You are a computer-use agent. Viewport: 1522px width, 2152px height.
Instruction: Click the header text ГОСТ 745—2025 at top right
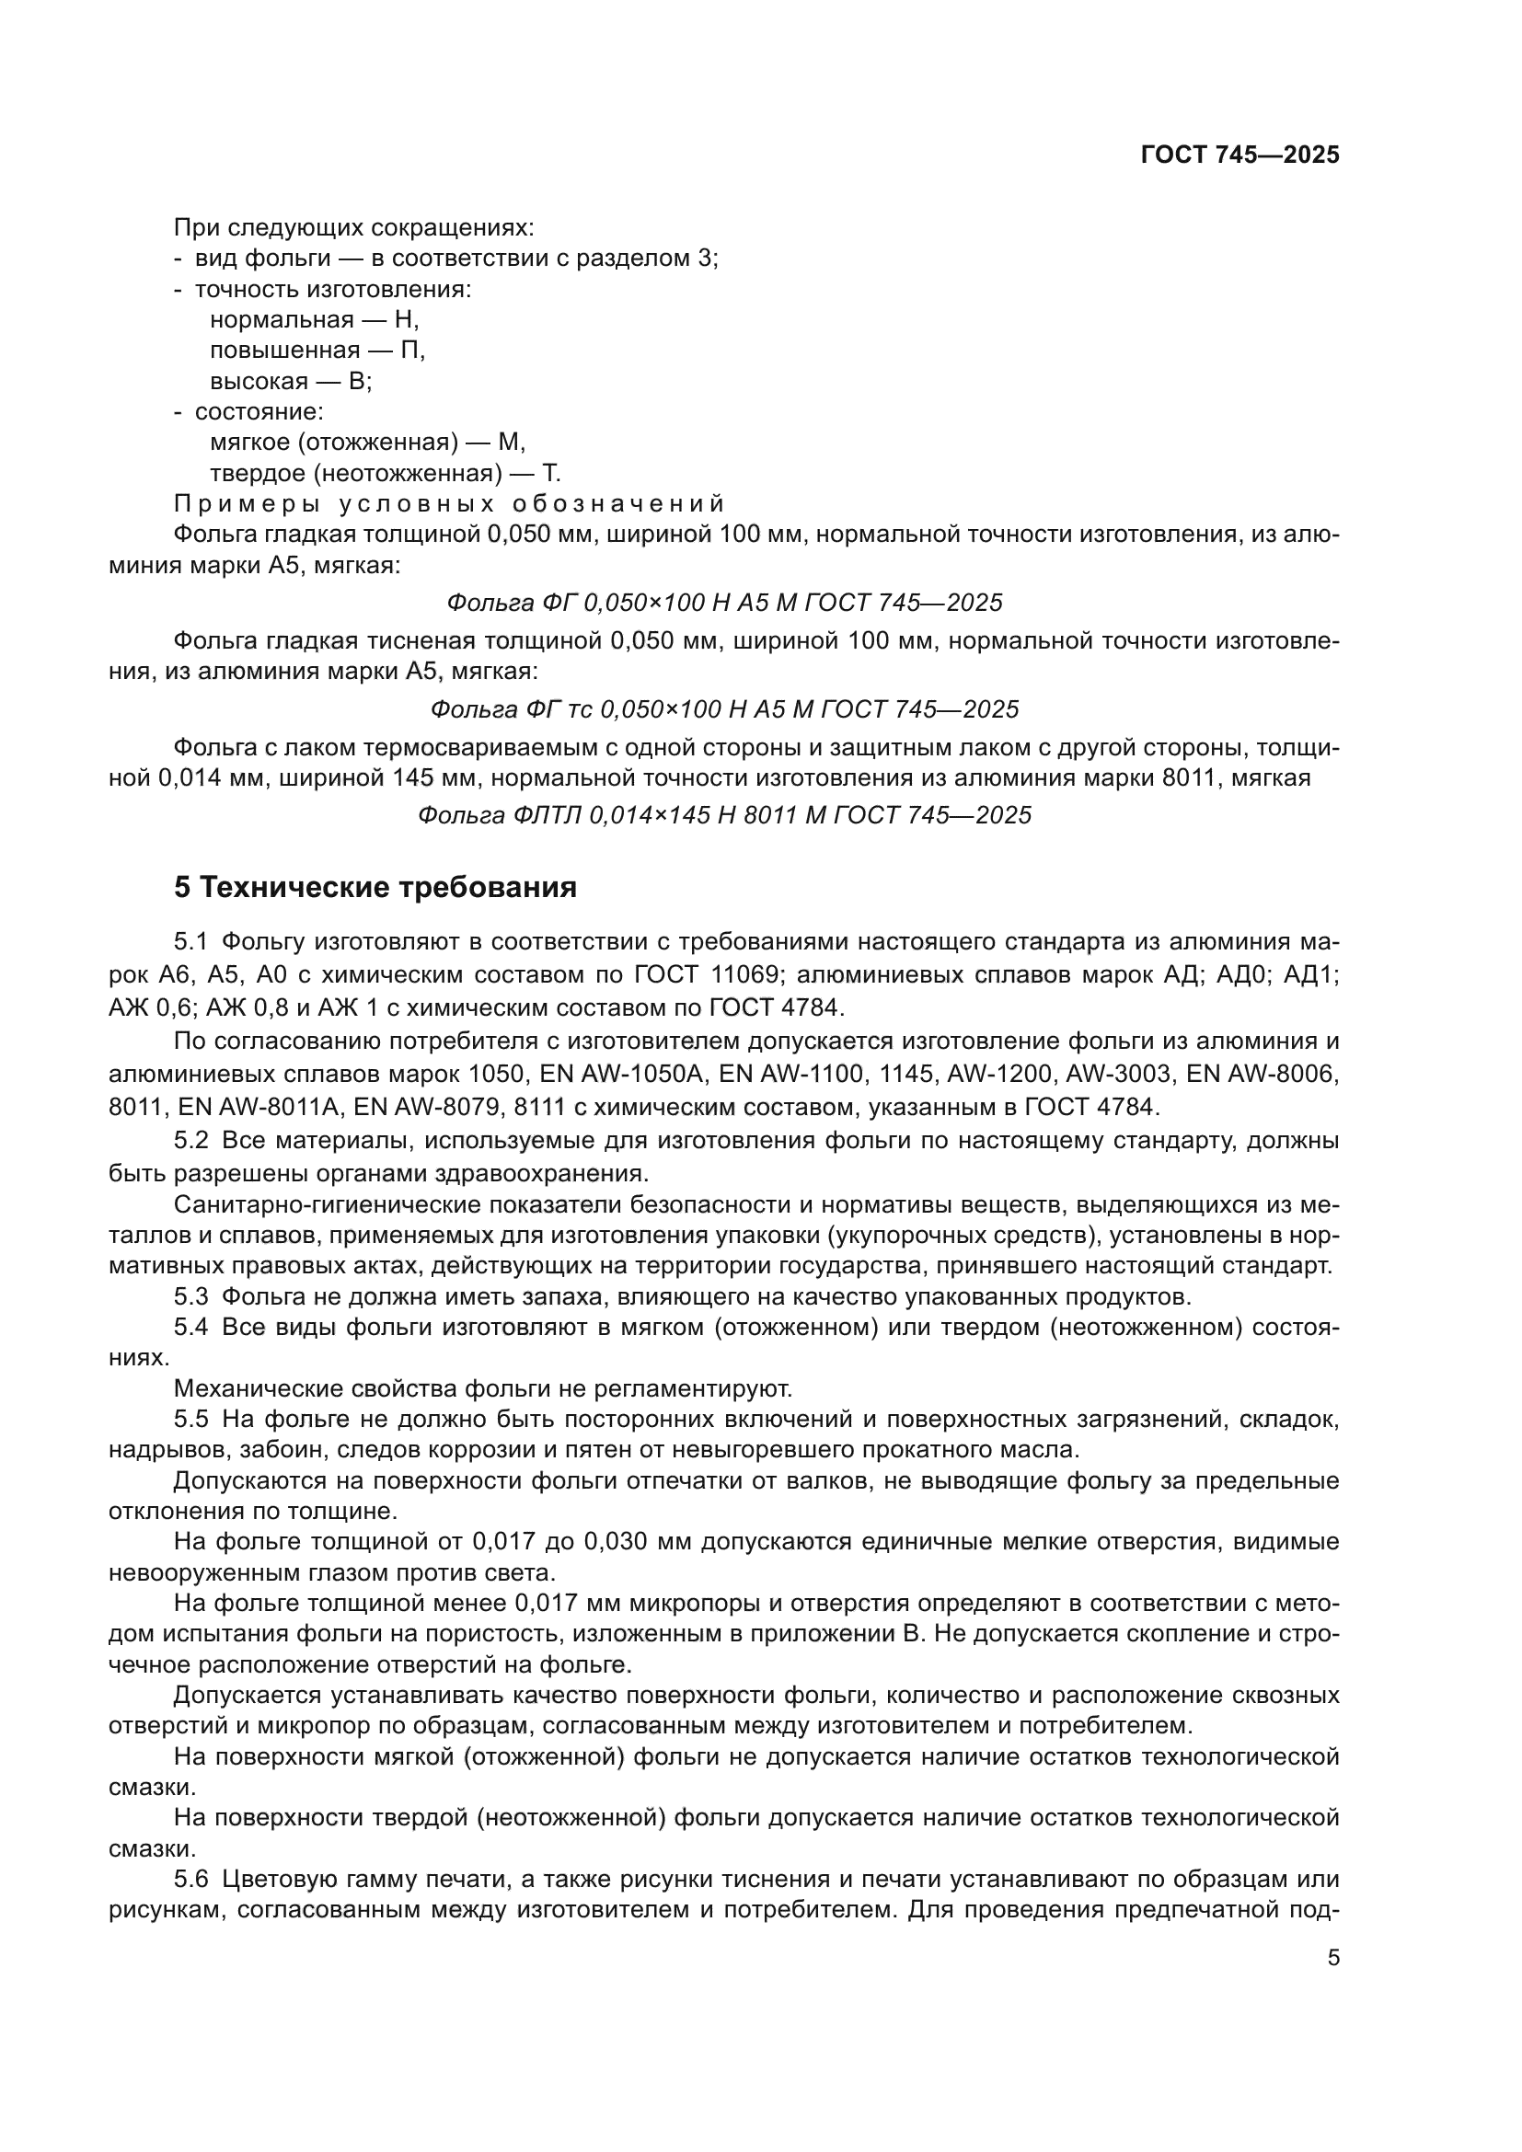pyautogui.click(x=1240, y=155)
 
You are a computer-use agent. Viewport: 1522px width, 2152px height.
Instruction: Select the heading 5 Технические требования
pyautogui.click(x=375, y=887)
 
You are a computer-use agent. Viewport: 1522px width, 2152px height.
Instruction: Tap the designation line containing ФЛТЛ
pyautogui.click(x=723, y=815)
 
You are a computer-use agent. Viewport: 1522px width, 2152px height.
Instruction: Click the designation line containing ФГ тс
pyautogui.click(x=723, y=709)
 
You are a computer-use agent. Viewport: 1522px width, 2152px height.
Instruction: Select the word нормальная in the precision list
pyautogui.click(x=282, y=319)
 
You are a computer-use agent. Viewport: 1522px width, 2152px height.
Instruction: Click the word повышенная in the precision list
pyautogui.click(x=285, y=351)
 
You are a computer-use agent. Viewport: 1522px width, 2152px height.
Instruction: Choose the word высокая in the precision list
pyautogui.click(x=259, y=382)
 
